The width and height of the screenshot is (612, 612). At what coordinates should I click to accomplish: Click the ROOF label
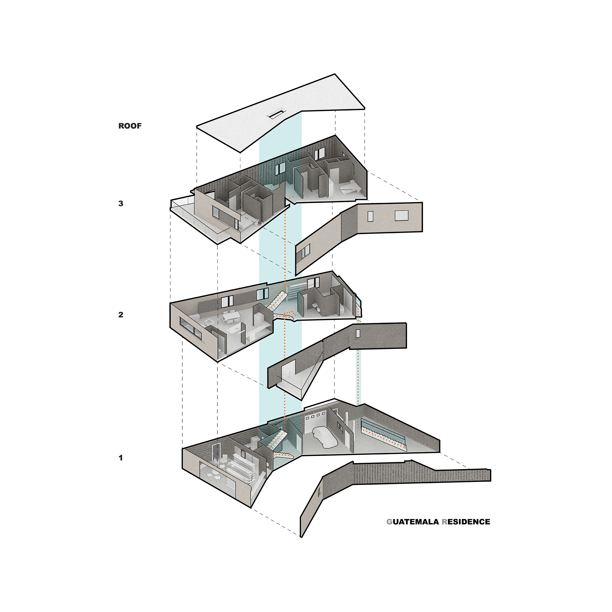pyautogui.click(x=130, y=126)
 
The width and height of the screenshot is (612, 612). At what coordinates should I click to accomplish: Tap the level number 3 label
pyautogui.click(x=121, y=203)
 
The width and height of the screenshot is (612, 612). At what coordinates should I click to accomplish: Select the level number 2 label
pyautogui.click(x=121, y=315)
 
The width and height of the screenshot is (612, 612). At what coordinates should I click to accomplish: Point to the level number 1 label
pyautogui.click(x=121, y=457)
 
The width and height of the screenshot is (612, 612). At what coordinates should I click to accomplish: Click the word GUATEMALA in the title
pyautogui.click(x=413, y=522)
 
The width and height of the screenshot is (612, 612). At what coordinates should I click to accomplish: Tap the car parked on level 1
pyautogui.click(x=326, y=437)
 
